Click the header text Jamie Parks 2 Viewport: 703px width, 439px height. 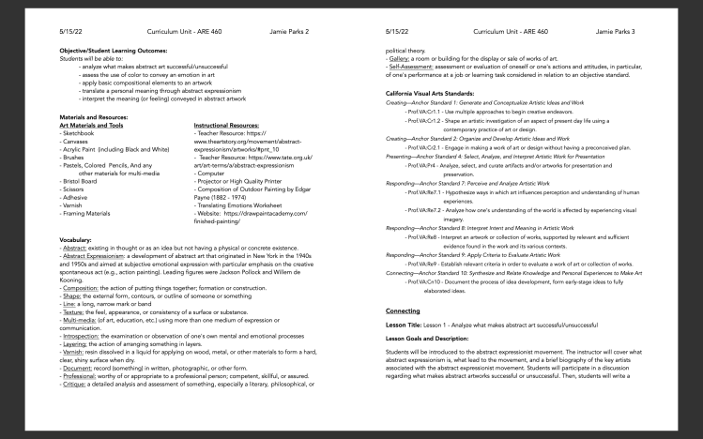288,31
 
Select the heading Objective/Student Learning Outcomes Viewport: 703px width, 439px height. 112,49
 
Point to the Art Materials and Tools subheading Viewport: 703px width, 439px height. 91,125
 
